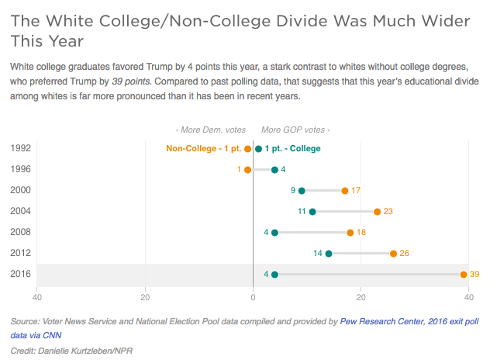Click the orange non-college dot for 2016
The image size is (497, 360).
[464, 274]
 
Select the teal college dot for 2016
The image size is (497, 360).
[274, 274]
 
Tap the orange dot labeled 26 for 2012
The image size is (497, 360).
[393, 253]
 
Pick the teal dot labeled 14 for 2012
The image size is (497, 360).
[329, 253]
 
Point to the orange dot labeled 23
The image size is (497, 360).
[377, 211]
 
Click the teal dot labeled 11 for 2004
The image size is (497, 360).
[312, 211]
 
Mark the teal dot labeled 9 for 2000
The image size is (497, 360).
[302, 190]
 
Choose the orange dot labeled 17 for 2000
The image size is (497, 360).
[345, 190]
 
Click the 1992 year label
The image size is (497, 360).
[21, 148]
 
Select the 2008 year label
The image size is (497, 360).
[21, 232]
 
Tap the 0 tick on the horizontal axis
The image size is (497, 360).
[253, 296]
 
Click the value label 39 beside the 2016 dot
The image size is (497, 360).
[475, 274]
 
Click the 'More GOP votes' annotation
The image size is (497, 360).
[295, 130]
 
